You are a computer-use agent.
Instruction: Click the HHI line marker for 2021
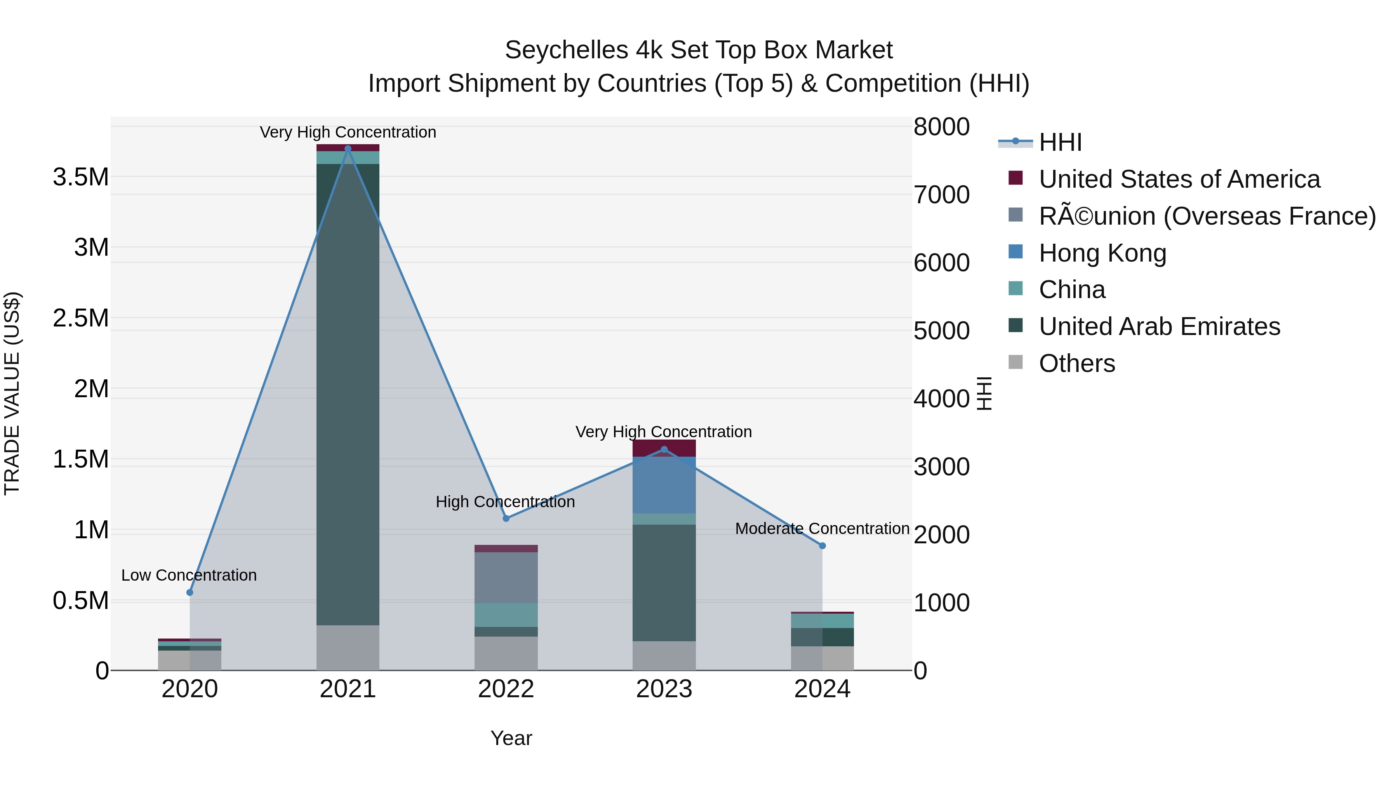click(x=348, y=148)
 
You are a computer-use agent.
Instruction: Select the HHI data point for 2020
click(x=190, y=592)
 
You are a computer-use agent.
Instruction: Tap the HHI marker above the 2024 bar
click(x=822, y=545)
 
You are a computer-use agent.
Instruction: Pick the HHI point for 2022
click(x=506, y=518)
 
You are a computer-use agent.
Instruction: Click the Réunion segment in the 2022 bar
click(x=506, y=578)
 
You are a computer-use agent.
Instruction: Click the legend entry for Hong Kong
click(x=1102, y=253)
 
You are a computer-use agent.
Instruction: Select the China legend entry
click(x=1071, y=290)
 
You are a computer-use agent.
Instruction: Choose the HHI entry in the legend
click(x=1060, y=142)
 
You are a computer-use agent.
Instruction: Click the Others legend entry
click(x=1076, y=363)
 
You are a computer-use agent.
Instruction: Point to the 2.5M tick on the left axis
click(x=81, y=318)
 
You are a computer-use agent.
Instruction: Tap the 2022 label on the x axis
click(x=506, y=689)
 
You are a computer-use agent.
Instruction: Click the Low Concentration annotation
click(x=189, y=575)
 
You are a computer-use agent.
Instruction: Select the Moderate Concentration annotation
click(x=822, y=529)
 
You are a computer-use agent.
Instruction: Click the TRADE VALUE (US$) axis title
click(x=12, y=393)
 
